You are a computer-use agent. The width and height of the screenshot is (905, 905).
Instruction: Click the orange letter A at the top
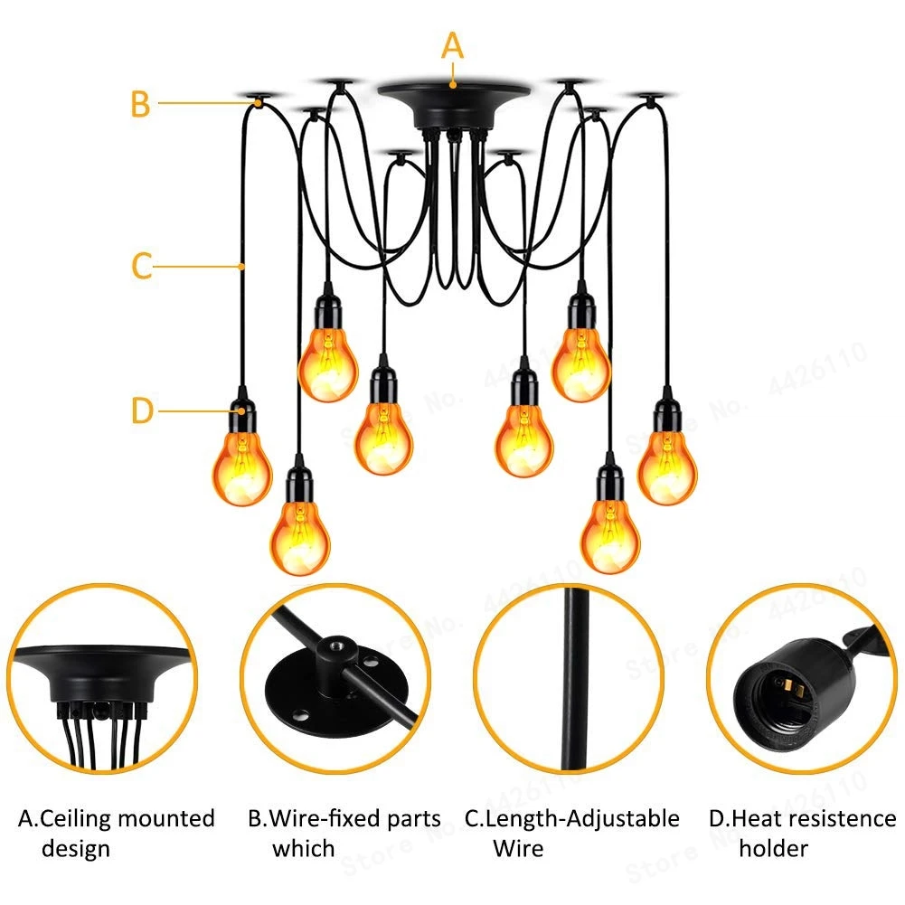tap(452, 45)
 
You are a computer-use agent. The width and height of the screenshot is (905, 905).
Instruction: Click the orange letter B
tap(139, 103)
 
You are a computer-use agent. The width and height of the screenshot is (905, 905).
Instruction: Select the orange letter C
tap(141, 267)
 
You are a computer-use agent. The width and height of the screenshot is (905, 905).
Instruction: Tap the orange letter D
tap(143, 410)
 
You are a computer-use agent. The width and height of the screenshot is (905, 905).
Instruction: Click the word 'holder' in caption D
tap(773, 848)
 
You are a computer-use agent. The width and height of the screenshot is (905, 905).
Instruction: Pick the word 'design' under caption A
tap(76, 848)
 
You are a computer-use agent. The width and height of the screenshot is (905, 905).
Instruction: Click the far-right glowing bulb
tap(667, 466)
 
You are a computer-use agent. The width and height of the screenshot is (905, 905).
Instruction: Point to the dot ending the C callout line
tap(243, 266)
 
